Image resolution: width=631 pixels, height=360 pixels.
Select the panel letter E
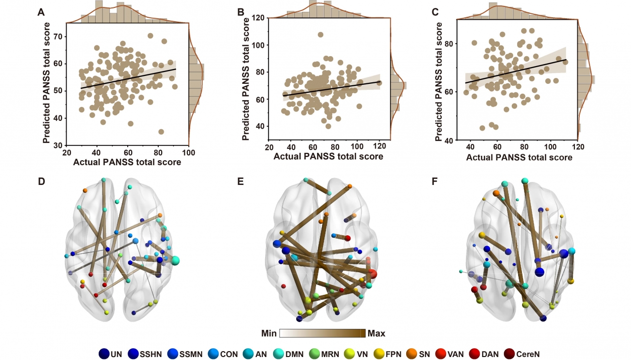(x=241, y=181)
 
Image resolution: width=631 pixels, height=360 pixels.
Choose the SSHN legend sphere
(x=133, y=353)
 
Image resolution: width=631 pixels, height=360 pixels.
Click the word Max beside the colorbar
(x=377, y=334)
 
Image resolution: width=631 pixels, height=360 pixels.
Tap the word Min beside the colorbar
(x=269, y=334)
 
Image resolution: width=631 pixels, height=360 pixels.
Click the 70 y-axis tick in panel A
(x=58, y=36)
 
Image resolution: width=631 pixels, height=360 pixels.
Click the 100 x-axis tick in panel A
(x=188, y=152)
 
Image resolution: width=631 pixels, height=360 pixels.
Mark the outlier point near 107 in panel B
(x=320, y=35)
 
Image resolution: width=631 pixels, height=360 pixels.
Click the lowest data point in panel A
(x=161, y=132)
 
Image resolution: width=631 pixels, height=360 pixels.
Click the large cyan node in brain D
(x=175, y=260)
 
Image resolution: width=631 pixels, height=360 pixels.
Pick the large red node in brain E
(x=372, y=274)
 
